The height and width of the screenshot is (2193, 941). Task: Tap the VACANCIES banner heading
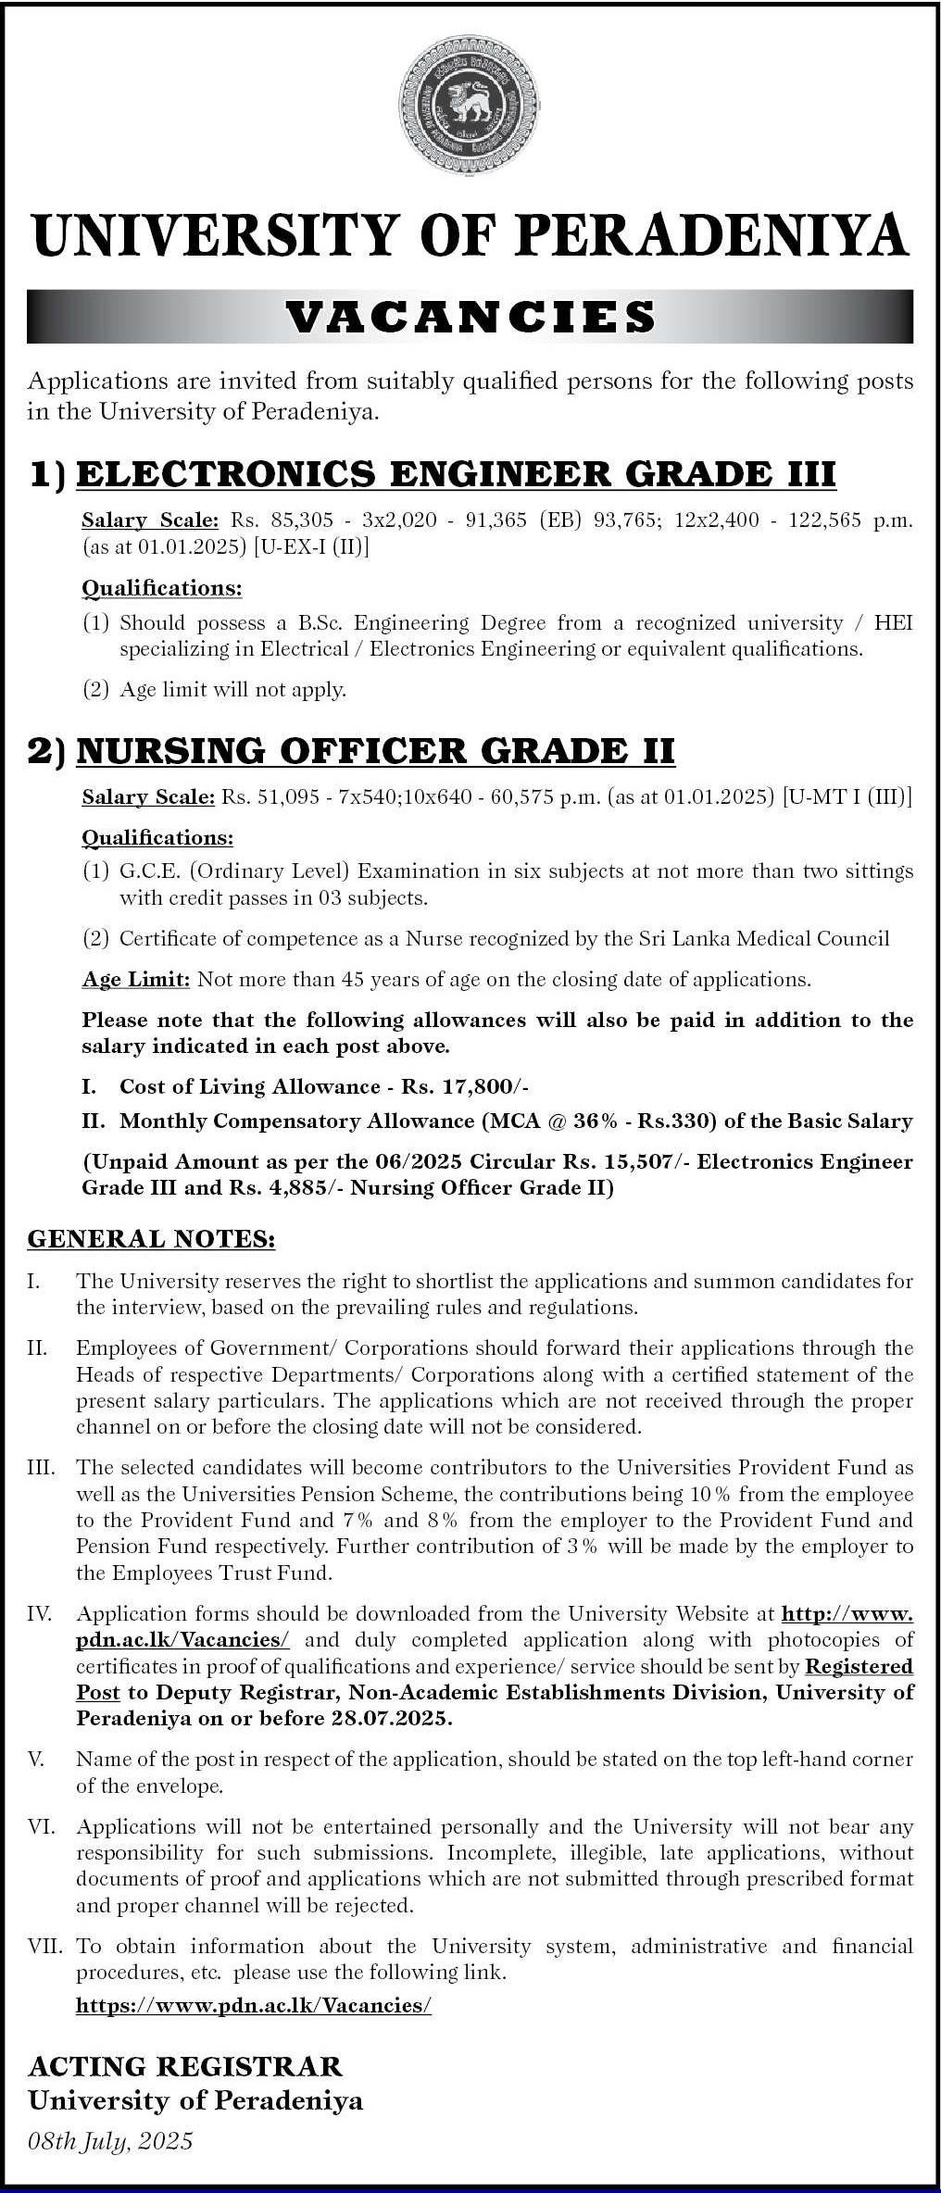point(470,317)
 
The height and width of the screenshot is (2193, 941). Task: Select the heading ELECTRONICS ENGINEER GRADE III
point(456,474)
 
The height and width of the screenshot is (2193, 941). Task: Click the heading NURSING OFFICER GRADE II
point(375,750)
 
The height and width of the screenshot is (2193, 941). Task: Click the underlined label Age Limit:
point(136,979)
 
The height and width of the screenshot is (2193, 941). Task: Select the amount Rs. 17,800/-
point(464,1086)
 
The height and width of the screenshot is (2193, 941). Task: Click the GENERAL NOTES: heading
point(152,1239)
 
